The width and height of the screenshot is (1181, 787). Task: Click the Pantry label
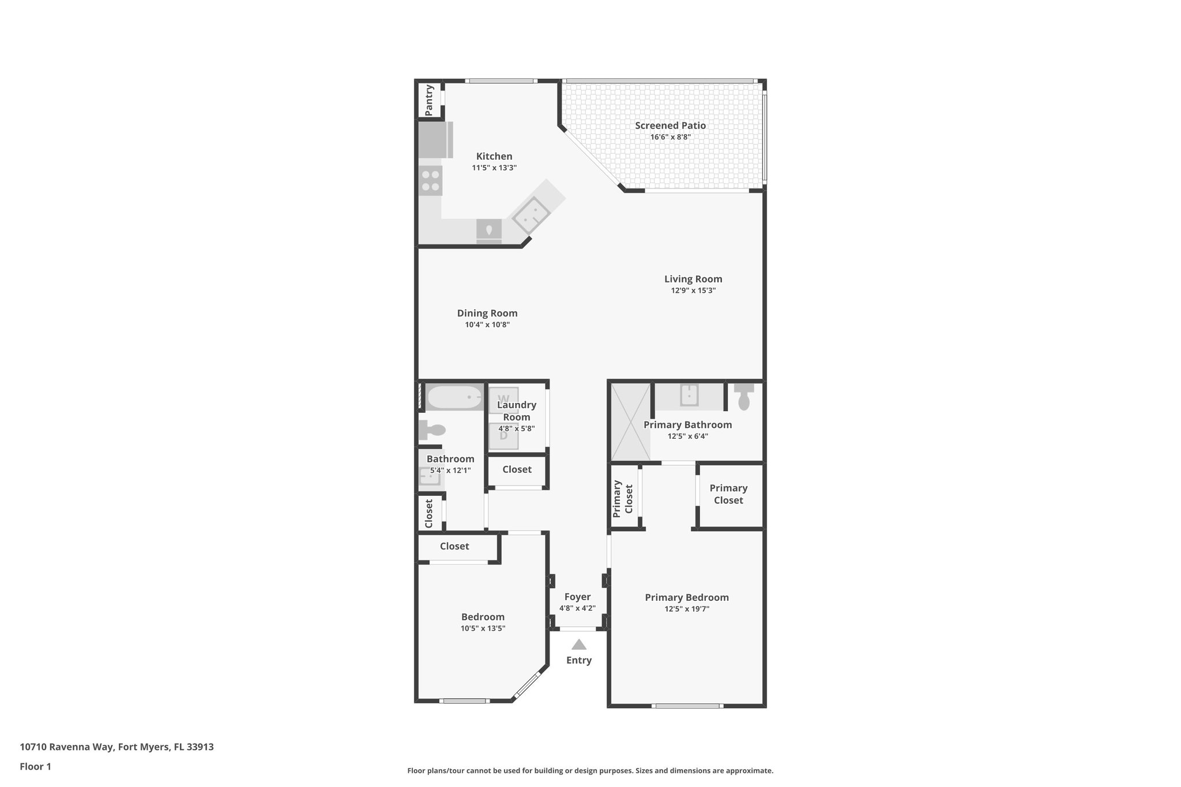(x=429, y=100)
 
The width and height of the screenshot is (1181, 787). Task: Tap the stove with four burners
(x=431, y=180)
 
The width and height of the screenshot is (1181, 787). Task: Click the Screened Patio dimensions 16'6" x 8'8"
(x=670, y=137)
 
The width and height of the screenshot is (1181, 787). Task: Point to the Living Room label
(x=693, y=279)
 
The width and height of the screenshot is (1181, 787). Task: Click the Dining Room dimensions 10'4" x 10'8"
(x=487, y=325)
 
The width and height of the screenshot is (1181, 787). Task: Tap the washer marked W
(x=503, y=400)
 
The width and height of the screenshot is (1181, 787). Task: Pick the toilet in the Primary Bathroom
(x=743, y=397)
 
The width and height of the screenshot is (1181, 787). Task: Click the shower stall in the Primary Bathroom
(x=631, y=422)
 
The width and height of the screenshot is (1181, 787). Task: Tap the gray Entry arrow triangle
(x=579, y=645)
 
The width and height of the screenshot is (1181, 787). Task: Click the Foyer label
(x=577, y=597)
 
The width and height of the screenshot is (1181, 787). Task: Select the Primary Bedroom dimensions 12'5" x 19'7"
(x=686, y=609)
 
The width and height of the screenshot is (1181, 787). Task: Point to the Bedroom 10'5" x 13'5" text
(x=483, y=628)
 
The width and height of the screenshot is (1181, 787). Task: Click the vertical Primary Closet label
(x=623, y=498)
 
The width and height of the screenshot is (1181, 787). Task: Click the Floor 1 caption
(x=36, y=766)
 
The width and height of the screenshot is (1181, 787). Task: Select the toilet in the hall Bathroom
(x=432, y=430)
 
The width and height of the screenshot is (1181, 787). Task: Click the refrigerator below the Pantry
(x=435, y=140)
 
